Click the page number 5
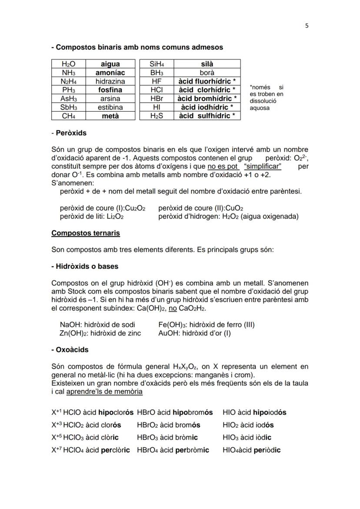[x=307, y=26]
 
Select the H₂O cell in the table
[x=68, y=64]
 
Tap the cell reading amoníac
[x=110, y=73]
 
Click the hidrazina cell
[x=110, y=81]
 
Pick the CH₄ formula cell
[x=68, y=116]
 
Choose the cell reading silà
[x=207, y=64]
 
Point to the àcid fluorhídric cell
[x=207, y=81]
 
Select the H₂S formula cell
[x=156, y=116]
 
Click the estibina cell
[x=110, y=107]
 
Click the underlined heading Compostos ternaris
[x=85, y=233]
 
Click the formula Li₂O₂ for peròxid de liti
[x=115, y=216]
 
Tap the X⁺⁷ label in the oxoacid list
[x=57, y=450]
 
